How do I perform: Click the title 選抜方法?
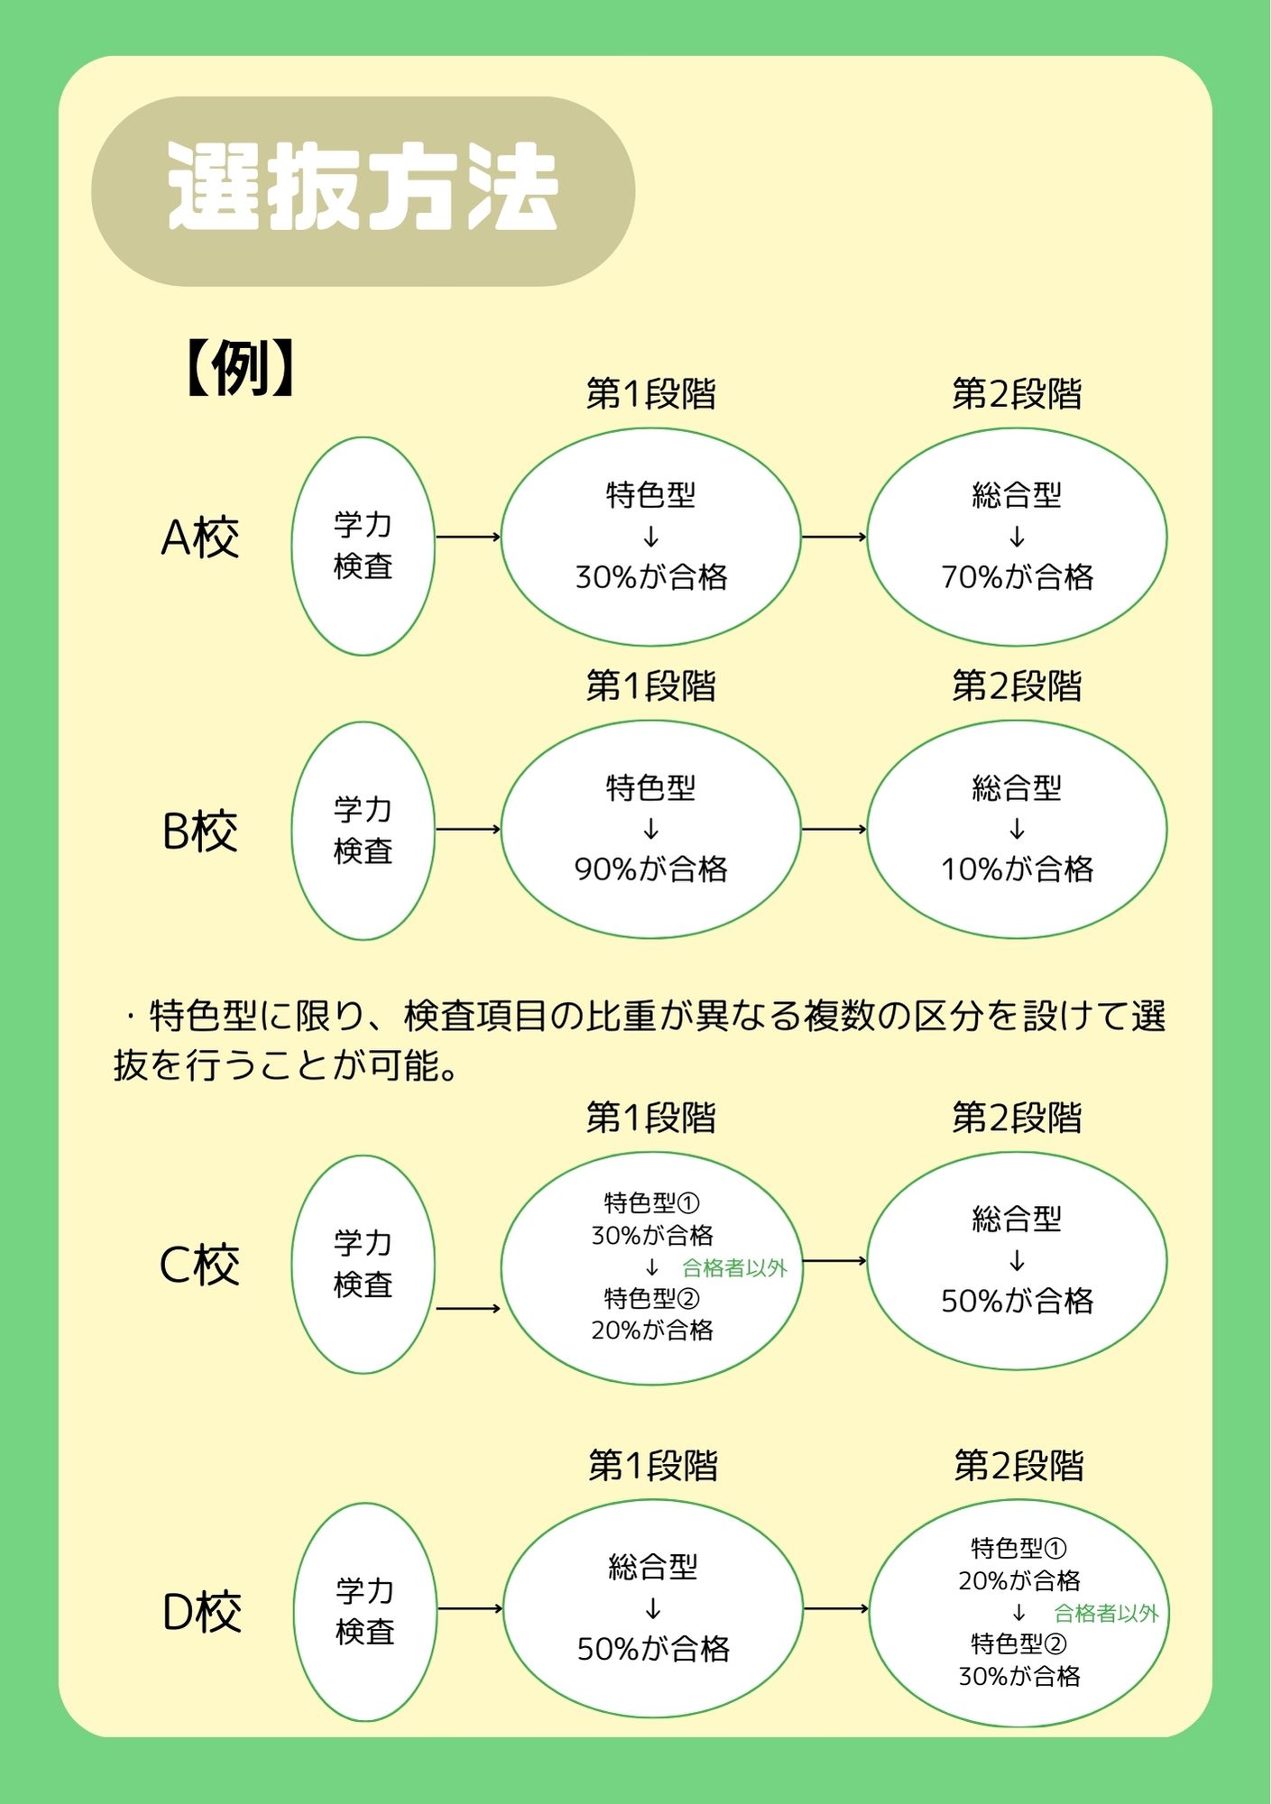click(363, 189)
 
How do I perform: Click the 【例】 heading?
click(240, 369)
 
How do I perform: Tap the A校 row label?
click(199, 538)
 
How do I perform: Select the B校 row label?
click(199, 831)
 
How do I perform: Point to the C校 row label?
click(199, 1264)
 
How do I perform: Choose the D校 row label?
click(201, 1612)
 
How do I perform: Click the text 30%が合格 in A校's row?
click(651, 577)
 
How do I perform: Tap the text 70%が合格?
click(1017, 577)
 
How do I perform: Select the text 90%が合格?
click(651, 869)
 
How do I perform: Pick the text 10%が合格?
click(1017, 869)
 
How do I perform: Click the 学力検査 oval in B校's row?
click(364, 830)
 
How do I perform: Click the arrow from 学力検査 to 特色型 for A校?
click(468, 537)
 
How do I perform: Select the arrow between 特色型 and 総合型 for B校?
click(834, 829)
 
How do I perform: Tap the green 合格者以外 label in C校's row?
click(734, 1267)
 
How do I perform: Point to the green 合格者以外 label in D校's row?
click(1106, 1613)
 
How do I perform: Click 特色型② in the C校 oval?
click(651, 1298)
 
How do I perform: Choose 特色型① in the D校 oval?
click(1018, 1548)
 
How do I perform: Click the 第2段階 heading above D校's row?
click(1019, 1466)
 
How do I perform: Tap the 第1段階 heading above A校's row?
click(651, 394)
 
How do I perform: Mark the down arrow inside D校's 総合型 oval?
click(653, 1608)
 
